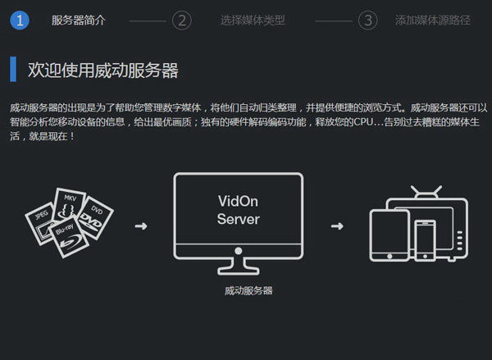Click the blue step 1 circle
click(20, 21)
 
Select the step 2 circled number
click(182, 21)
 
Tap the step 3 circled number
click(368, 21)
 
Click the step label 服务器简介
click(78, 21)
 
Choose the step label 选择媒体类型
click(253, 21)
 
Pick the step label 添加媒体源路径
click(433, 21)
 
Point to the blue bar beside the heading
click(13, 70)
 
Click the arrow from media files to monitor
click(140, 225)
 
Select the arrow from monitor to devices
click(336, 225)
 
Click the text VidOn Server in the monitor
click(238, 211)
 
